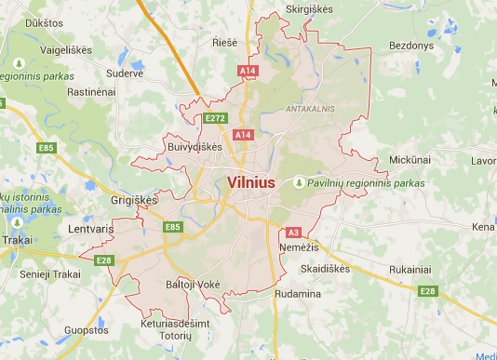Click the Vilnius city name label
point(251,182)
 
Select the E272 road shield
point(216,118)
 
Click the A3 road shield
point(293,233)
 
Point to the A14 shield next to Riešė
point(247,71)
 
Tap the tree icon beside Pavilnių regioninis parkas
point(300,183)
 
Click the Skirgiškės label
point(310,8)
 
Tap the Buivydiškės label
point(195,147)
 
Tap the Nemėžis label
point(299,248)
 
